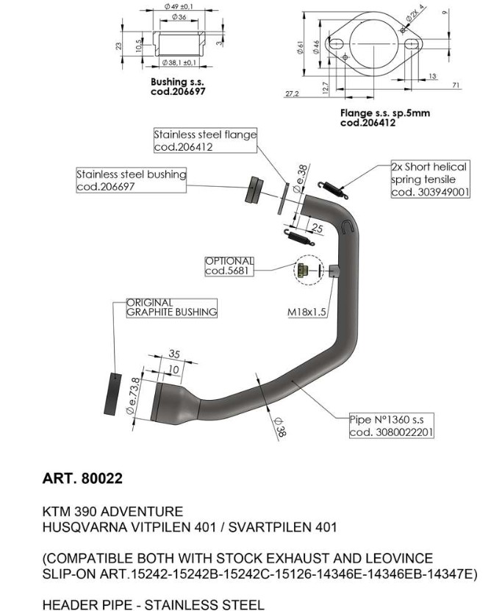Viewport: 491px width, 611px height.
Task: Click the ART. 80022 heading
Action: [x=83, y=479]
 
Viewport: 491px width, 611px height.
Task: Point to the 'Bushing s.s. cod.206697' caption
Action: [x=177, y=86]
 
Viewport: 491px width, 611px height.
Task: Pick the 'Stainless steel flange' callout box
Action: [x=205, y=140]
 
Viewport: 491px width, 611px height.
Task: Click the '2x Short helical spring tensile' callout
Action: [x=429, y=179]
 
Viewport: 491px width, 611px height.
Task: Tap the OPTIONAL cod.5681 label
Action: [x=229, y=266]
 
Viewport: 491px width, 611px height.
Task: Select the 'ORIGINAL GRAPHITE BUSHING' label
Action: [x=172, y=307]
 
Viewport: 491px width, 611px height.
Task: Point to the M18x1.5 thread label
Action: [x=307, y=312]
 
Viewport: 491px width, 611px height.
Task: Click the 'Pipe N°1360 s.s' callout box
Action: [x=391, y=426]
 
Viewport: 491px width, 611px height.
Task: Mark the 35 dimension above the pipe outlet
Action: [x=174, y=354]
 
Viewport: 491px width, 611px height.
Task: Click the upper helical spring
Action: [x=331, y=187]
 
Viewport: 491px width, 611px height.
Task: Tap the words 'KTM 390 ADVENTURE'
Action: [x=112, y=511]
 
